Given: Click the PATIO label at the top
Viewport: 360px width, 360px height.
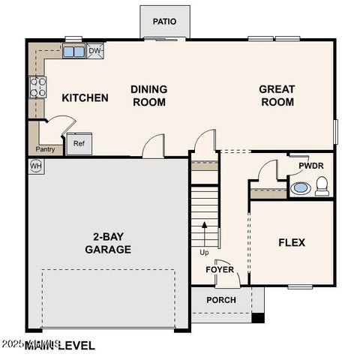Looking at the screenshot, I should point(164,22).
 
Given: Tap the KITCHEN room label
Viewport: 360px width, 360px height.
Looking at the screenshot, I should point(85,98).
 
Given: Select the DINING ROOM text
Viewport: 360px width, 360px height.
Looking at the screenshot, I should point(148,96).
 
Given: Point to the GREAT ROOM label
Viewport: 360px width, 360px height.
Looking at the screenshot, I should point(277,96).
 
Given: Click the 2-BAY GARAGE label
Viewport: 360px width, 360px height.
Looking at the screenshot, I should point(108,243).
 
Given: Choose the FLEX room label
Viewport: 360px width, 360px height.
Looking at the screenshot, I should point(292,242).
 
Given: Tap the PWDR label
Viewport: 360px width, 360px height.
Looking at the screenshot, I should point(310,165).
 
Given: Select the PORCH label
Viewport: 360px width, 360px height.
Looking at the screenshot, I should point(220,300).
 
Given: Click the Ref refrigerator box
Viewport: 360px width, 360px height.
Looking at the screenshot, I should point(79,143).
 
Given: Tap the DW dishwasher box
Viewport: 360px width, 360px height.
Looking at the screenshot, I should point(95,52).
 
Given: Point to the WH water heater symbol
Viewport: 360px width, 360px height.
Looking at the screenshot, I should point(35,166).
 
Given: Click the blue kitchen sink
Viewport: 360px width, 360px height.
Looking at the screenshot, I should point(73,52).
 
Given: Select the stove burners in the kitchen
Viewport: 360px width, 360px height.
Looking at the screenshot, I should point(37,88).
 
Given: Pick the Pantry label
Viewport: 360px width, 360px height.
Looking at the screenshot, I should point(44,149).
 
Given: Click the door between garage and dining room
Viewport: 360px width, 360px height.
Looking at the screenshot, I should point(154,145).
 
